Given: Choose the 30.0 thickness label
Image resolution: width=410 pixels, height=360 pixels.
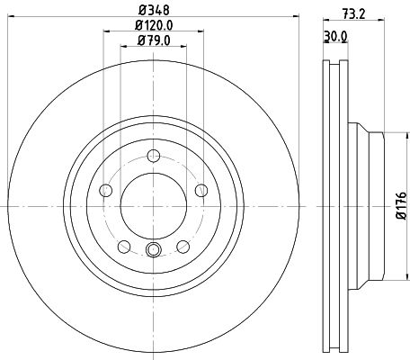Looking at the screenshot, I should coord(334,37).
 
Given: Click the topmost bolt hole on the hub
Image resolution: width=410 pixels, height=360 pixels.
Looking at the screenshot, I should coord(152,155).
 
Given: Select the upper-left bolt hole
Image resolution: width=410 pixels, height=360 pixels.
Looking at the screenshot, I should coord(105,189).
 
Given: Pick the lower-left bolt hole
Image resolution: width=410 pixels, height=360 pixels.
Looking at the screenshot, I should coord(123,245).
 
